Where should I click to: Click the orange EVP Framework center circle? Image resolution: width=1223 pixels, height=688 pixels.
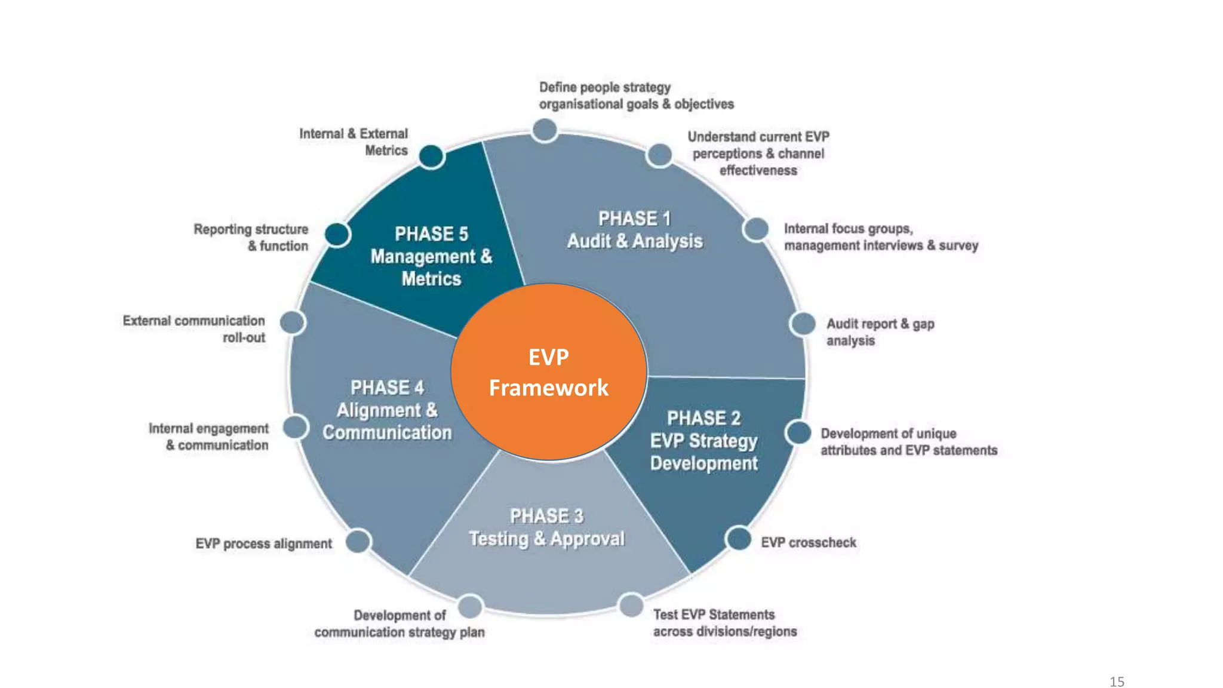(549, 372)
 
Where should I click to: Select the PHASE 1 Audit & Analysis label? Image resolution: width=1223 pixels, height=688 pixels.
(635, 230)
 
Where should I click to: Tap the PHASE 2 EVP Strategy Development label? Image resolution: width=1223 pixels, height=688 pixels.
(703, 441)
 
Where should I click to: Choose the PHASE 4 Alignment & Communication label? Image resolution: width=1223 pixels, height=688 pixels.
(387, 410)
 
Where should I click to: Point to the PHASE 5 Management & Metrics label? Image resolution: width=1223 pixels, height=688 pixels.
(431, 256)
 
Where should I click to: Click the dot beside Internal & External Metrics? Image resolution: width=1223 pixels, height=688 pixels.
(431, 156)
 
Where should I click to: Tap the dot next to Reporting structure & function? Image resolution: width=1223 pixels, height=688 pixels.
(337, 234)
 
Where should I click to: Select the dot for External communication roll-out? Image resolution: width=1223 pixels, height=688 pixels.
(292, 322)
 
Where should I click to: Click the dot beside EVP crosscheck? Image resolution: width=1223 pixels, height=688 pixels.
(739, 539)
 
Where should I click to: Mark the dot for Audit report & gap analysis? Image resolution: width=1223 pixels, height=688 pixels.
(803, 324)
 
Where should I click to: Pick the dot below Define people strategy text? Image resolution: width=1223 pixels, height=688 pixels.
(545, 130)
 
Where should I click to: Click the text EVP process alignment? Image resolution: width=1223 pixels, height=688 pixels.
(263, 543)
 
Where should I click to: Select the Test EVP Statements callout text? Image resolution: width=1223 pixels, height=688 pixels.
(724, 623)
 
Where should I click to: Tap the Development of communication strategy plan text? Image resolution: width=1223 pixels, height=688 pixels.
(400, 623)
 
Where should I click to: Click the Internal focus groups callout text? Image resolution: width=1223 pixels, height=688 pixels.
(881, 237)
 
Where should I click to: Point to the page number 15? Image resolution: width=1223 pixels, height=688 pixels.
(1117, 681)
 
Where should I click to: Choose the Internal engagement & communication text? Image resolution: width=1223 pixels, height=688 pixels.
(209, 437)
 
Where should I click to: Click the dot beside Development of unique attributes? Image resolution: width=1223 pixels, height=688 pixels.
(798, 432)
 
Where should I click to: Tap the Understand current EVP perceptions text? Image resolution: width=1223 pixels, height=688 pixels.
(758, 153)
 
